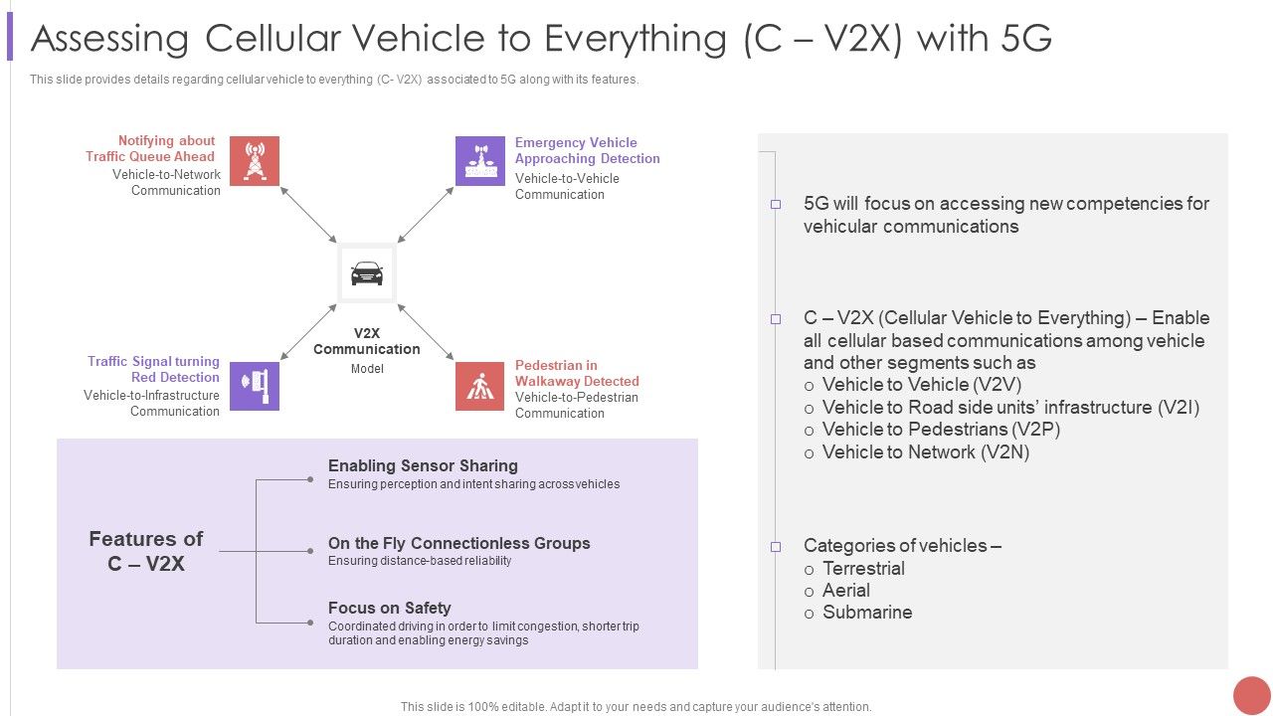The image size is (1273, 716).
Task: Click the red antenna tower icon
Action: point(255,161)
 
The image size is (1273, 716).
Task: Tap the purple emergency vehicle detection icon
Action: point(480,161)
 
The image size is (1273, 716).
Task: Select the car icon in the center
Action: point(367,273)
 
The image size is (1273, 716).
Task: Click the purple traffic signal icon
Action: point(255,386)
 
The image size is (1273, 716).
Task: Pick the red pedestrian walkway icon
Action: point(480,386)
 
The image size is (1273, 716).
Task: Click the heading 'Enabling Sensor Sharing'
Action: point(423,465)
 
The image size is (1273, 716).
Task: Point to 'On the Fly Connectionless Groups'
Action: point(458,543)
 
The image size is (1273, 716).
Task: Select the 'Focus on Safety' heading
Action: point(389,608)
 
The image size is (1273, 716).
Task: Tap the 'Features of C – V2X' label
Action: point(145,551)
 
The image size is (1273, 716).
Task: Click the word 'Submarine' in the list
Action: point(867,613)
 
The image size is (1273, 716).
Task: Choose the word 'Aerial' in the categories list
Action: point(846,591)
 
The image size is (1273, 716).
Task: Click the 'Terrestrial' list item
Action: point(863,569)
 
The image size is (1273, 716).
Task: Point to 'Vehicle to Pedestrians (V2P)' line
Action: point(941,430)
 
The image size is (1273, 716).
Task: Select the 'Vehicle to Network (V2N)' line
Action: point(925,452)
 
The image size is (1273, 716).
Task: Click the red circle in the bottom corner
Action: point(1251,695)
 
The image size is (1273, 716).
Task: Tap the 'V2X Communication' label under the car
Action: point(367,341)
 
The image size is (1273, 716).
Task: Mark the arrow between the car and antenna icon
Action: point(308,214)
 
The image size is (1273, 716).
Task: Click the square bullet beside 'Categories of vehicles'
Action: point(776,547)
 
